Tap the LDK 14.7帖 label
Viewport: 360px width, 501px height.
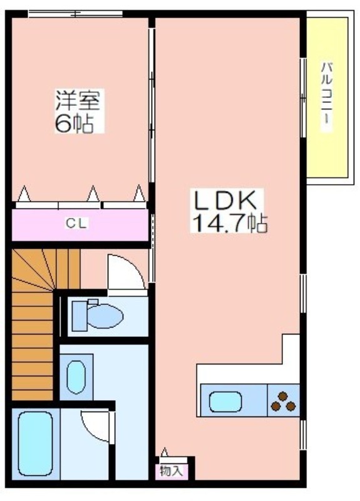(229, 210)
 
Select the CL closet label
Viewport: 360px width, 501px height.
(76, 224)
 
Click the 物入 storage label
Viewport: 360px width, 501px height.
(172, 471)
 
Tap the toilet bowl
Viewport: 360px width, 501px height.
(105, 316)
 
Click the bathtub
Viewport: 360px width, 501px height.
(36, 443)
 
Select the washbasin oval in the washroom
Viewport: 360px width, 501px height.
(76, 377)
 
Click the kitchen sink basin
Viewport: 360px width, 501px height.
(225, 401)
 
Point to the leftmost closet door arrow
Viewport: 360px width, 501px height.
(24, 194)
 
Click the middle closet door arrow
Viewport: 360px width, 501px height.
(93, 194)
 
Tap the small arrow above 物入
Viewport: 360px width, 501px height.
(165, 452)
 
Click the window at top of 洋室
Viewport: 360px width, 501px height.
(75, 14)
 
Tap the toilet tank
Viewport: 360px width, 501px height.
(80, 316)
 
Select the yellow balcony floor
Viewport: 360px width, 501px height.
(327, 98)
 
